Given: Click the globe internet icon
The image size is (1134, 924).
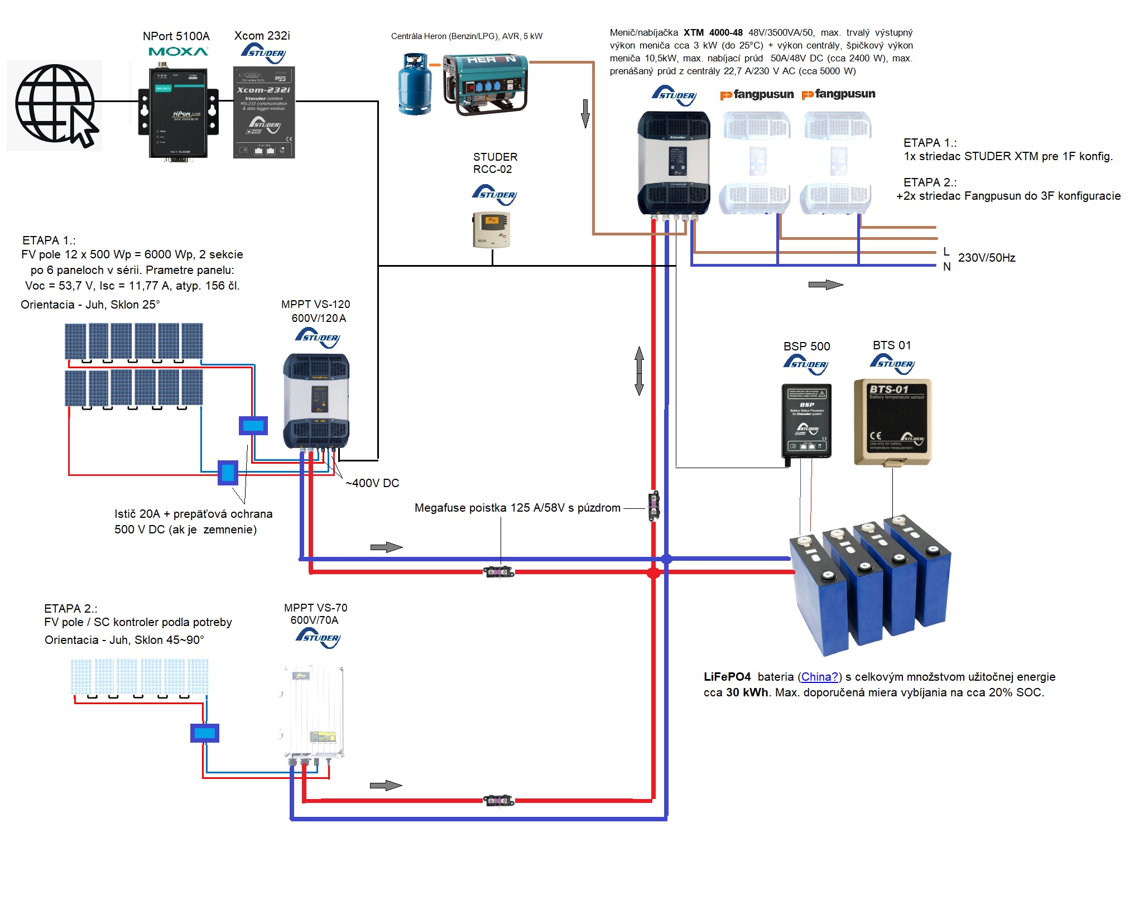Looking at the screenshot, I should pos(55,105).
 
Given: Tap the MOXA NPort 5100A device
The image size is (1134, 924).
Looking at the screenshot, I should pos(178,113).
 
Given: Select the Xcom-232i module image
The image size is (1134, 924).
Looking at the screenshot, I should pos(264,113).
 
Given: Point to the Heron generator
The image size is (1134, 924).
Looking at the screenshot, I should pos(485,84).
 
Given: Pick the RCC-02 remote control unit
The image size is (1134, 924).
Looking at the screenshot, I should pos(491,229).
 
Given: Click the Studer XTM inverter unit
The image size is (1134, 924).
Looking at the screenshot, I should pos(674,162).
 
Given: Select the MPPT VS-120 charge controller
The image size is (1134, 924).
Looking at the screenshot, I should pos(316,400).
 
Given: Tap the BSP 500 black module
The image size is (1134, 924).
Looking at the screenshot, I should pos(806,421).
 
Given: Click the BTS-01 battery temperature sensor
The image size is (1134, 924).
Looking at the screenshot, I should pos(892,422).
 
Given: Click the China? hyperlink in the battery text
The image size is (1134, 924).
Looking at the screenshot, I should pos(819,677).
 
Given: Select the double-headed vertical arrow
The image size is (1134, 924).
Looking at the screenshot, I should pos(640,371).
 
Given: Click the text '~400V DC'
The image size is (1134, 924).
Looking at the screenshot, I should pos(372,483).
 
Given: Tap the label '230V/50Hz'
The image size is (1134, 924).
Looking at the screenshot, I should pos(986,258).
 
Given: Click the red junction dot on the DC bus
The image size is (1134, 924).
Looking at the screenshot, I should pos(654,572).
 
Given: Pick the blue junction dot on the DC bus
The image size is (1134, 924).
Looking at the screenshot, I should pos(667,559).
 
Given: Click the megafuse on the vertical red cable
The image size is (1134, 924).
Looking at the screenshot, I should pos(654,506).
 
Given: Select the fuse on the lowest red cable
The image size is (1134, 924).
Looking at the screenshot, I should pos(498,801).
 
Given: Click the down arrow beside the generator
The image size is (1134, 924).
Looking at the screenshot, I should pos(585,113).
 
